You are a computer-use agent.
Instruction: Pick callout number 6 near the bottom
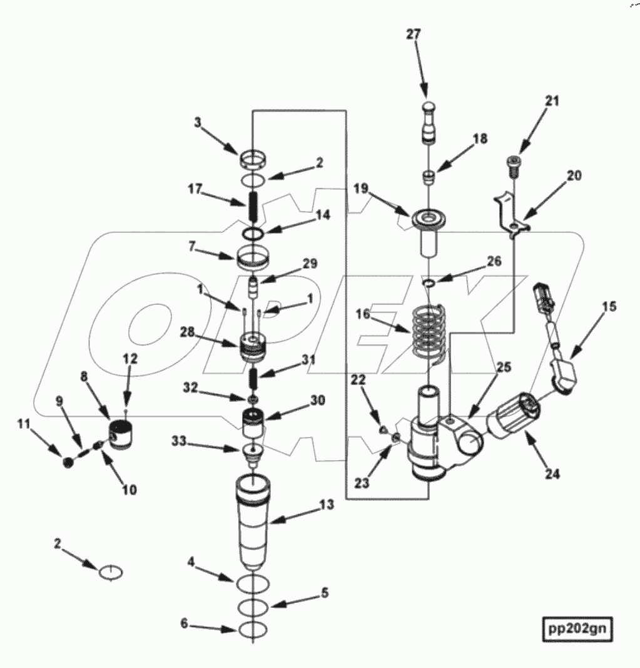[x=184, y=625]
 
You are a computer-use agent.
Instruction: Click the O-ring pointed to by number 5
[x=253, y=606]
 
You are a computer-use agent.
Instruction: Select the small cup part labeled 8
[x=123, y=434]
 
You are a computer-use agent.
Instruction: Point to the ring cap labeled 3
[x=253, y=160]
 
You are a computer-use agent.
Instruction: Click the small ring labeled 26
[x=429, y=285]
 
